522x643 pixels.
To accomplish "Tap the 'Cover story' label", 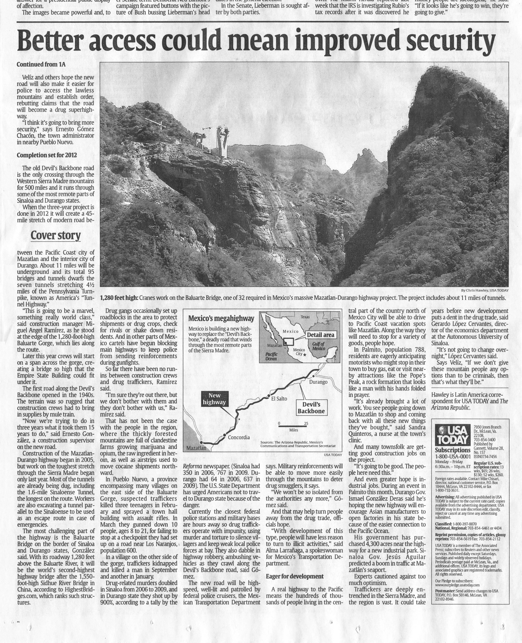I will pyautogui.click(x=56, y=235).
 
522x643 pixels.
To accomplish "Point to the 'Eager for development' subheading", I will pyautogui.click(x=295, y=576).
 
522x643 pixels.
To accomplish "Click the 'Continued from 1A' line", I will pyautogui.click(x=41, y=64).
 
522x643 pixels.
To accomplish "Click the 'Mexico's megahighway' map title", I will pyautogui.click(x=221, y=318).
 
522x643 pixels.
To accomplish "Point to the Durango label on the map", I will pyautogui.click(x=318, y=382).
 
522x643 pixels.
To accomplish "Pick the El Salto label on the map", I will pyautogui.click(x=279, y=399).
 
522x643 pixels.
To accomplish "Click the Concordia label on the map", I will pyautogui.click(x=239, y=437).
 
